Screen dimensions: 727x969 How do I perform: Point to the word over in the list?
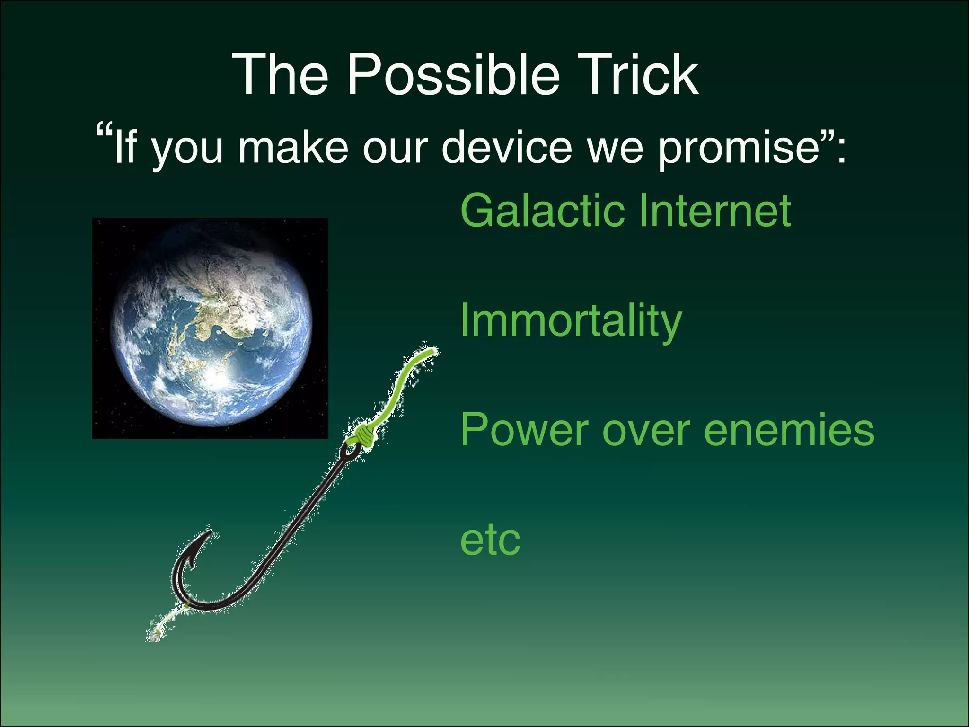(646, 430)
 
